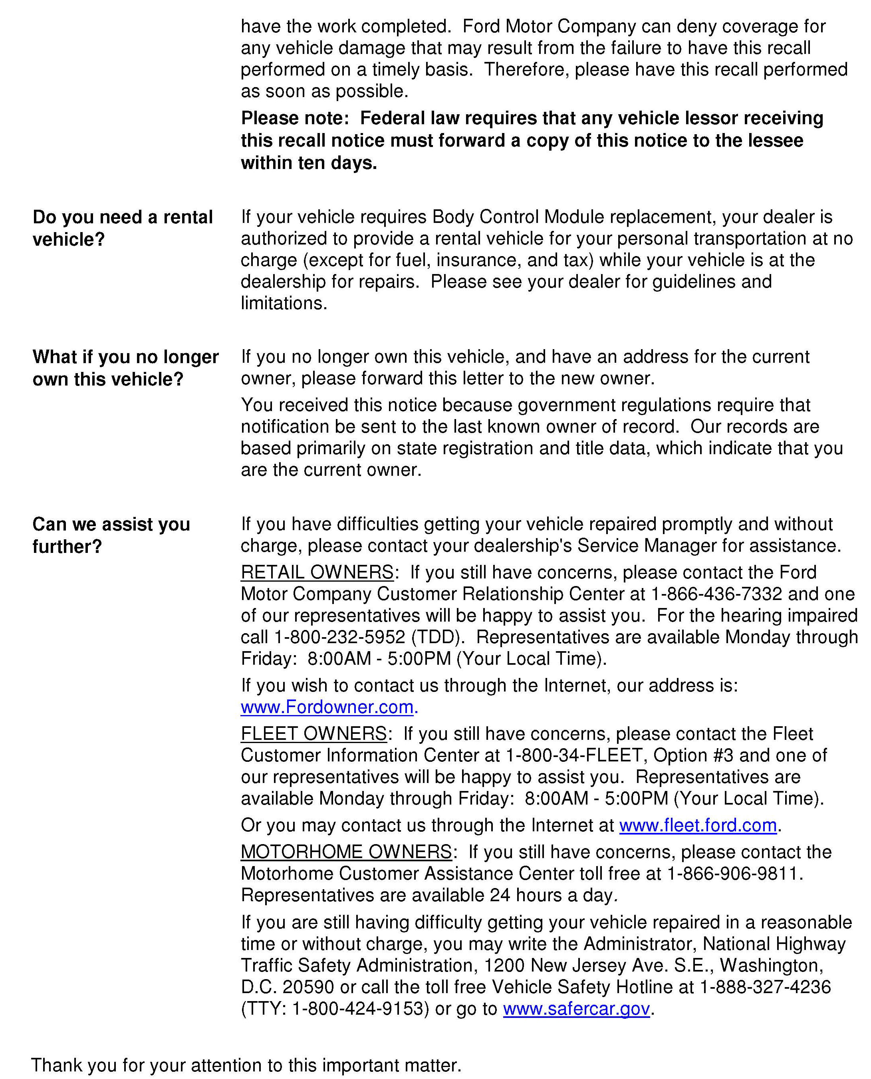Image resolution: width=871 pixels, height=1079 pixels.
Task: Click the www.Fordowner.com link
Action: click(327, 707)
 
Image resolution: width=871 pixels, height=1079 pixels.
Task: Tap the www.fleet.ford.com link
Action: click(698, 826)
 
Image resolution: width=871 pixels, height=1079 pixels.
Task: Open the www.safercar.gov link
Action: click(577, 1009)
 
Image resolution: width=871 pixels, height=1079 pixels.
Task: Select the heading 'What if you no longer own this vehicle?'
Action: click(125, 368)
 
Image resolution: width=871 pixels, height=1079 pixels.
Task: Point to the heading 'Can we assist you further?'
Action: click(111, 535)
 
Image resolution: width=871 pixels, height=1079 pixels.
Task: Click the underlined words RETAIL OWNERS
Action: click(317, 572)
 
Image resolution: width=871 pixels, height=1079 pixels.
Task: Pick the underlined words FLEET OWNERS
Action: click(313, 734)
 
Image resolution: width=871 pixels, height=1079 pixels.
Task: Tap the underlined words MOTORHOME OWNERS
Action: click(346, 852)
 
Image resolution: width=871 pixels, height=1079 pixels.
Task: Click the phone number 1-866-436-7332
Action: click(716, 594)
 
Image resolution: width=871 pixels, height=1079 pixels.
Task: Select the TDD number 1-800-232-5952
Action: click(339, 637)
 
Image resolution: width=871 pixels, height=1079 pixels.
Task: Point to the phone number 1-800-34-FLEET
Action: click(574, 755)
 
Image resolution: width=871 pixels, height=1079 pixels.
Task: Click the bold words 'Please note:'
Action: click(294, 118)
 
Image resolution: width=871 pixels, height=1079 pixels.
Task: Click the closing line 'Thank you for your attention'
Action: click(246, 1065)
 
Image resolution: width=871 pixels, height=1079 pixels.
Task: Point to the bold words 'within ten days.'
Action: click(309, 163)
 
